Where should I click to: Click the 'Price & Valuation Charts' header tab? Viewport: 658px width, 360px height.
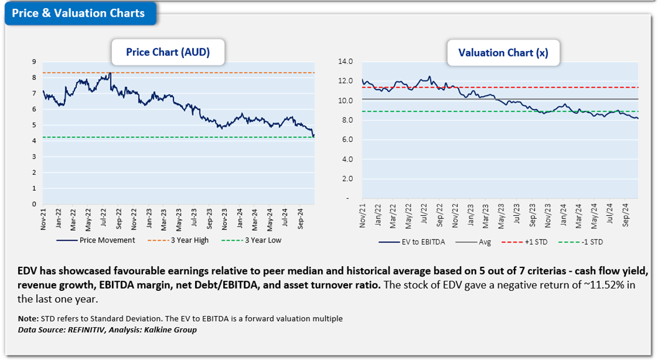click(78, 13)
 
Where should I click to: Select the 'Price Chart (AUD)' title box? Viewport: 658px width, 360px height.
click(168, 52)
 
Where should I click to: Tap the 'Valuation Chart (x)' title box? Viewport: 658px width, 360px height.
click(503, 53)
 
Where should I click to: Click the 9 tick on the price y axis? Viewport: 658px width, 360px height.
click(34, 62)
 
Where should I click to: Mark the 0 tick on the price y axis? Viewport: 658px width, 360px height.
click(34, 204)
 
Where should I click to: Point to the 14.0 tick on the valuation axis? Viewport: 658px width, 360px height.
click(344, 62)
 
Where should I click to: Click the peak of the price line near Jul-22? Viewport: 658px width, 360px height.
click(109, 73)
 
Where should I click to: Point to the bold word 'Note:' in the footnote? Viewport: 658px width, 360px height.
click(28, 319)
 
